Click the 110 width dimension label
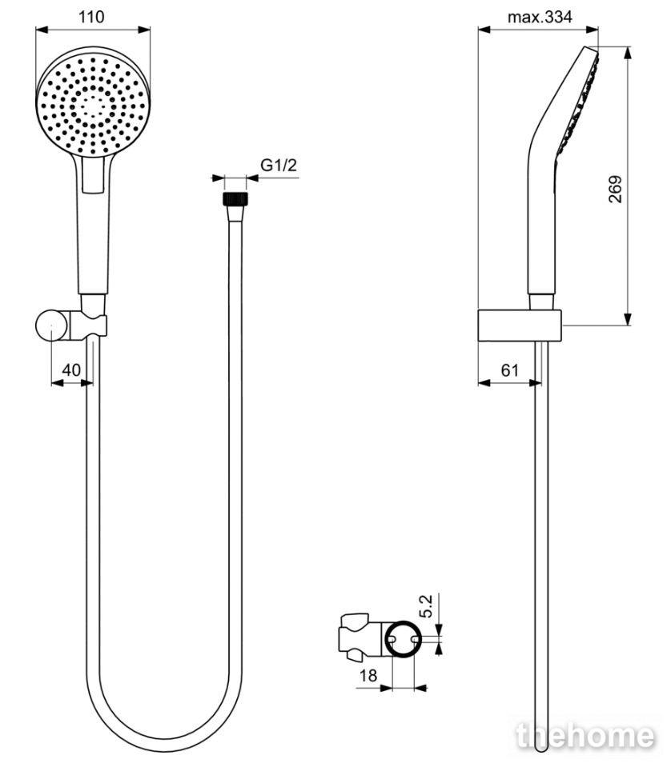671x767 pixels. pyautogui.click(x=91, y=17)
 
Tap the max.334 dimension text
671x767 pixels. pyautogui.click(x=539, y=17)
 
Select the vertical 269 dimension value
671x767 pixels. pyautogui.click(x=615, y=189)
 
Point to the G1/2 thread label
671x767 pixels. pyautogui.click(x=278, y=165)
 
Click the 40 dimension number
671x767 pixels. pyautogui.click(x=71, y=370)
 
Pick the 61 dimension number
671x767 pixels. pyautogui.click(x=509, y=370)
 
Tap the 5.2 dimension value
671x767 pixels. pyautogui.click(x=426, y=605)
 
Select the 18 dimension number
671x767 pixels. pyautogui.click(x=368, y=676)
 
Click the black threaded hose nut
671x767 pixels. pyautogui.click(x=235, y=198)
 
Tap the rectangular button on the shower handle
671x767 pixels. pyautogui.click(x=93, y=174)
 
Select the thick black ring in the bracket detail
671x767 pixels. pyautogui.click(x=403, y=639)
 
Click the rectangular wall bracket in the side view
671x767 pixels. pyautogui.click(x=520, y=326)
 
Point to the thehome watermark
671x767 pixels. pyautogui.click(x=585, y=736)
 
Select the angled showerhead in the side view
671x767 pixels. pyautogui.click(x=564, y=171)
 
